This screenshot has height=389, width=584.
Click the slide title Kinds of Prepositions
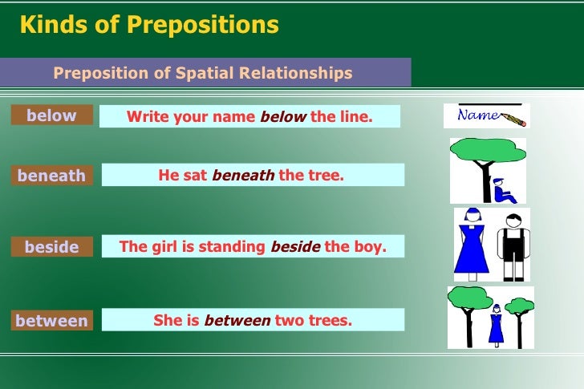coord(149,25)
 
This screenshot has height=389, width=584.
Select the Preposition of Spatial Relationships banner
coord(203,73)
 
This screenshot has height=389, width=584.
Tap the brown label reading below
coord(51,115)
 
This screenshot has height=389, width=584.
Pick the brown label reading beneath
coord(51,176)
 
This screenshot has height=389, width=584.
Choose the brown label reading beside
coord(51,247)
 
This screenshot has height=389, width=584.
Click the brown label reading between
coord(51,321)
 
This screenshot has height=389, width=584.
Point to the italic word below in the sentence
coord(283,117)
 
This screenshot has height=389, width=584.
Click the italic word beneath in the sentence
coord(243,175)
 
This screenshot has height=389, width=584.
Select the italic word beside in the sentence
coord(295,247)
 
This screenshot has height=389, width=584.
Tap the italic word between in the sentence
coord(237,321)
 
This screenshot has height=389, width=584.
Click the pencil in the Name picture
coord(513,120)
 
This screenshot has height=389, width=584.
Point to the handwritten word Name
coord(477,115)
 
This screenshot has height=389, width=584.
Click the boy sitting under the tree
coord(503,189)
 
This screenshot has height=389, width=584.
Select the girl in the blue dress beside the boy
coord(472,244)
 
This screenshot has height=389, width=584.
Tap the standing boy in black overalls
coord(512,244)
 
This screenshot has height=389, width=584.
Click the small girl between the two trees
coord(496,326)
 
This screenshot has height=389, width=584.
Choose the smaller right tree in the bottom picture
coord(520,313)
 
